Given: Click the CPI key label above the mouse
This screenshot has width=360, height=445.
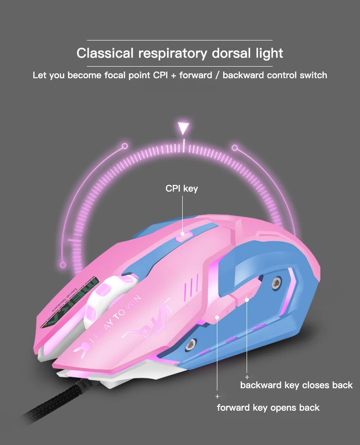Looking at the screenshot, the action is (x=181, y=189).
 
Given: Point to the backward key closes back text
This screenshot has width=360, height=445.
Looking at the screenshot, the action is (x=296, y=385).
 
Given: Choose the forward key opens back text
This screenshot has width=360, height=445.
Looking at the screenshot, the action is (x=268, y=408).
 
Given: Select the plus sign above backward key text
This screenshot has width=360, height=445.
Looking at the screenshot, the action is (x=247, y=376).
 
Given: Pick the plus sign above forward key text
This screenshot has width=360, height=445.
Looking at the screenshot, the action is (x=217, y=396).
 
